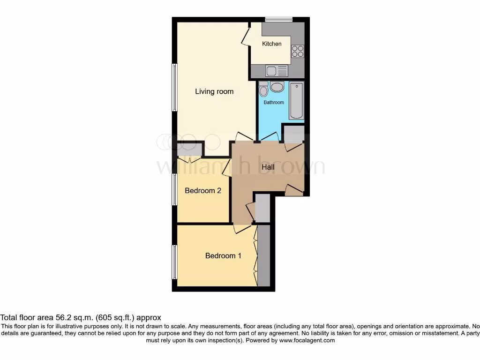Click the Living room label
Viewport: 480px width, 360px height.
pos(214,91)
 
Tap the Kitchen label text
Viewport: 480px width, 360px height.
pos(272,44)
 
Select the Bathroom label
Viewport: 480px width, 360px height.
pos(273,102)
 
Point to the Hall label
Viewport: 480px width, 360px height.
pos(268,167)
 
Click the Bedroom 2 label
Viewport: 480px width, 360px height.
pos(202,191)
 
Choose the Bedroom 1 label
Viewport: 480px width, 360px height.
pos(223,256)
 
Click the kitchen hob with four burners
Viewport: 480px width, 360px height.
pos(298,51)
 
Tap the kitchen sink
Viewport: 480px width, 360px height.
pos(276,71)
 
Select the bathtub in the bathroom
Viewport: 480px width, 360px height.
pos(297,100)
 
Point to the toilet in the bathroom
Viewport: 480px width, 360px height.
pos(263,89)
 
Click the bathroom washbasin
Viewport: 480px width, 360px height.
pos(277,87)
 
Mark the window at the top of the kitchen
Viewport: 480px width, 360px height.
pos(278,20)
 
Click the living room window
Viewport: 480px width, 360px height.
pos(174,87)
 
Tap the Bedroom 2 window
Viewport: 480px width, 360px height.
pos(174,189)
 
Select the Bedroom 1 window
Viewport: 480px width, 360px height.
pos(174,261)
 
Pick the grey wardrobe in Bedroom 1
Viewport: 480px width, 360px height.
pos(264,255)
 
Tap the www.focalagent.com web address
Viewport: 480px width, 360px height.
pos(307,341)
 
